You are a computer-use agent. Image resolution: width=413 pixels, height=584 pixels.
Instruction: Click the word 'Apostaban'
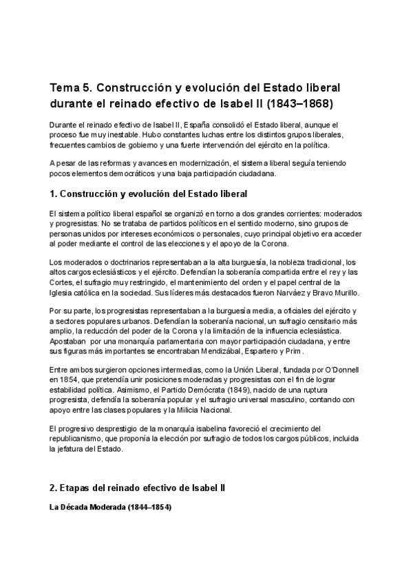click(67, 342)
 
